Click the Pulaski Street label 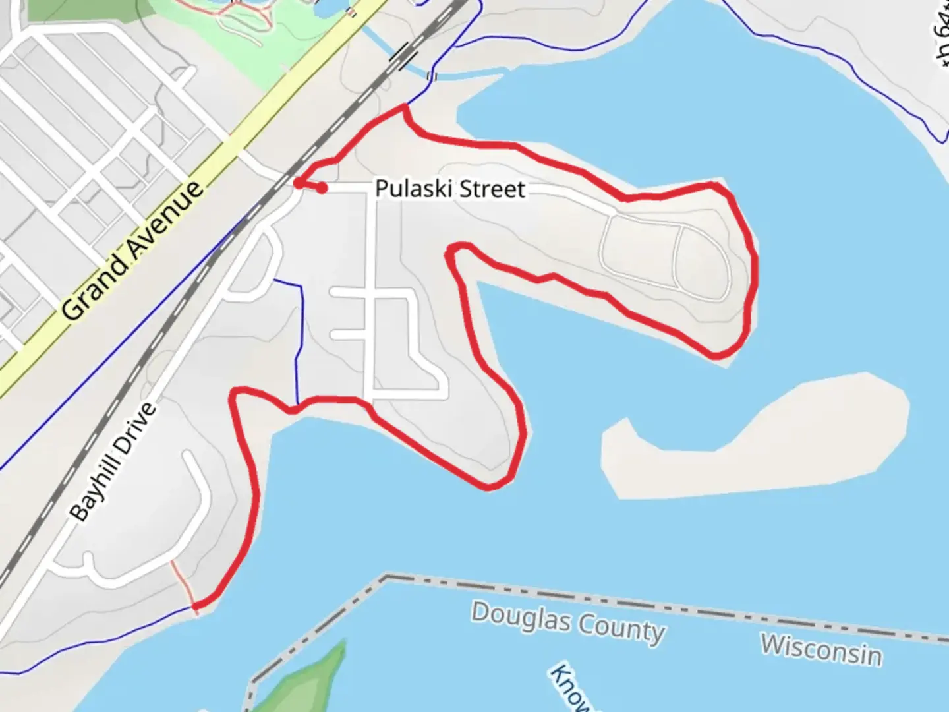point(450,189)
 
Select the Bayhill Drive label point(113,461)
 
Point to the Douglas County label point(567,622)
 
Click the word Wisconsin point(821,649)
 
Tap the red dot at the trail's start point(322,188)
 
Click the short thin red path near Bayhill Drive point(183,584)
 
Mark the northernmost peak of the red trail point(404,107)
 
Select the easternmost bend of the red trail point(755,264)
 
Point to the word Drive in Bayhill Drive point(137,425)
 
